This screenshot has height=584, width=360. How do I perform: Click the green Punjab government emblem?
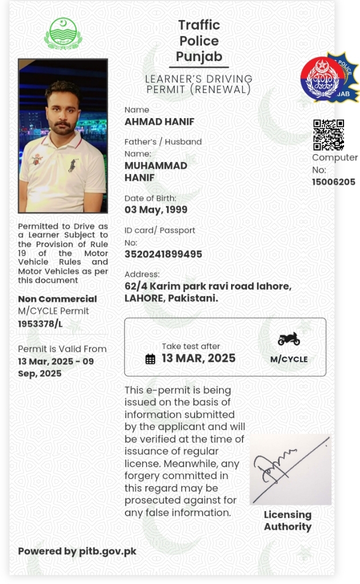coord(63,34)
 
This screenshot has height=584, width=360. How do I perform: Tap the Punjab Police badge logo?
coord(329,79)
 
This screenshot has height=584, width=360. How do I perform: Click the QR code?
coord(328,135)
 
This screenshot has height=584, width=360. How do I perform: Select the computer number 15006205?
coord(333,182)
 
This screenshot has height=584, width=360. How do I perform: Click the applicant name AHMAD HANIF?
coord(159,121)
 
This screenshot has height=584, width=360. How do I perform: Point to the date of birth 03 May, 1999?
coord(156,209)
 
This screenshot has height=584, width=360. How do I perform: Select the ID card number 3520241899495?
coord(163,254)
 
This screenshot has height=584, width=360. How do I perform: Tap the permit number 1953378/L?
coord(41,324)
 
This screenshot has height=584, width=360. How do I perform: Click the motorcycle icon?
coord(289,339)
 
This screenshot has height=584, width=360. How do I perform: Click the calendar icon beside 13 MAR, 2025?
coord(150,359)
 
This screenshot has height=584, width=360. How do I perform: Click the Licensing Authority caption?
coord(288,520)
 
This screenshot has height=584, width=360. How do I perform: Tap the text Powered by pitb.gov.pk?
coord(77,551)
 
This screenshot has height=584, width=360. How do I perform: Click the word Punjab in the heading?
coord(199,56)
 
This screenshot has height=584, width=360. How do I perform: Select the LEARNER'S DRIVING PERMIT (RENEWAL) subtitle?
coord(199,84)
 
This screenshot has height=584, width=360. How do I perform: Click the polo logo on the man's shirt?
coord(72,166)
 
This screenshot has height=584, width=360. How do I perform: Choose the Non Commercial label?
coord(57,299)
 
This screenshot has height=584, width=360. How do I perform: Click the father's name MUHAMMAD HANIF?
coord(156,171)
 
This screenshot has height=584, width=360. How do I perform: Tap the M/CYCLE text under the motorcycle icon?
coord(289,359)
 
